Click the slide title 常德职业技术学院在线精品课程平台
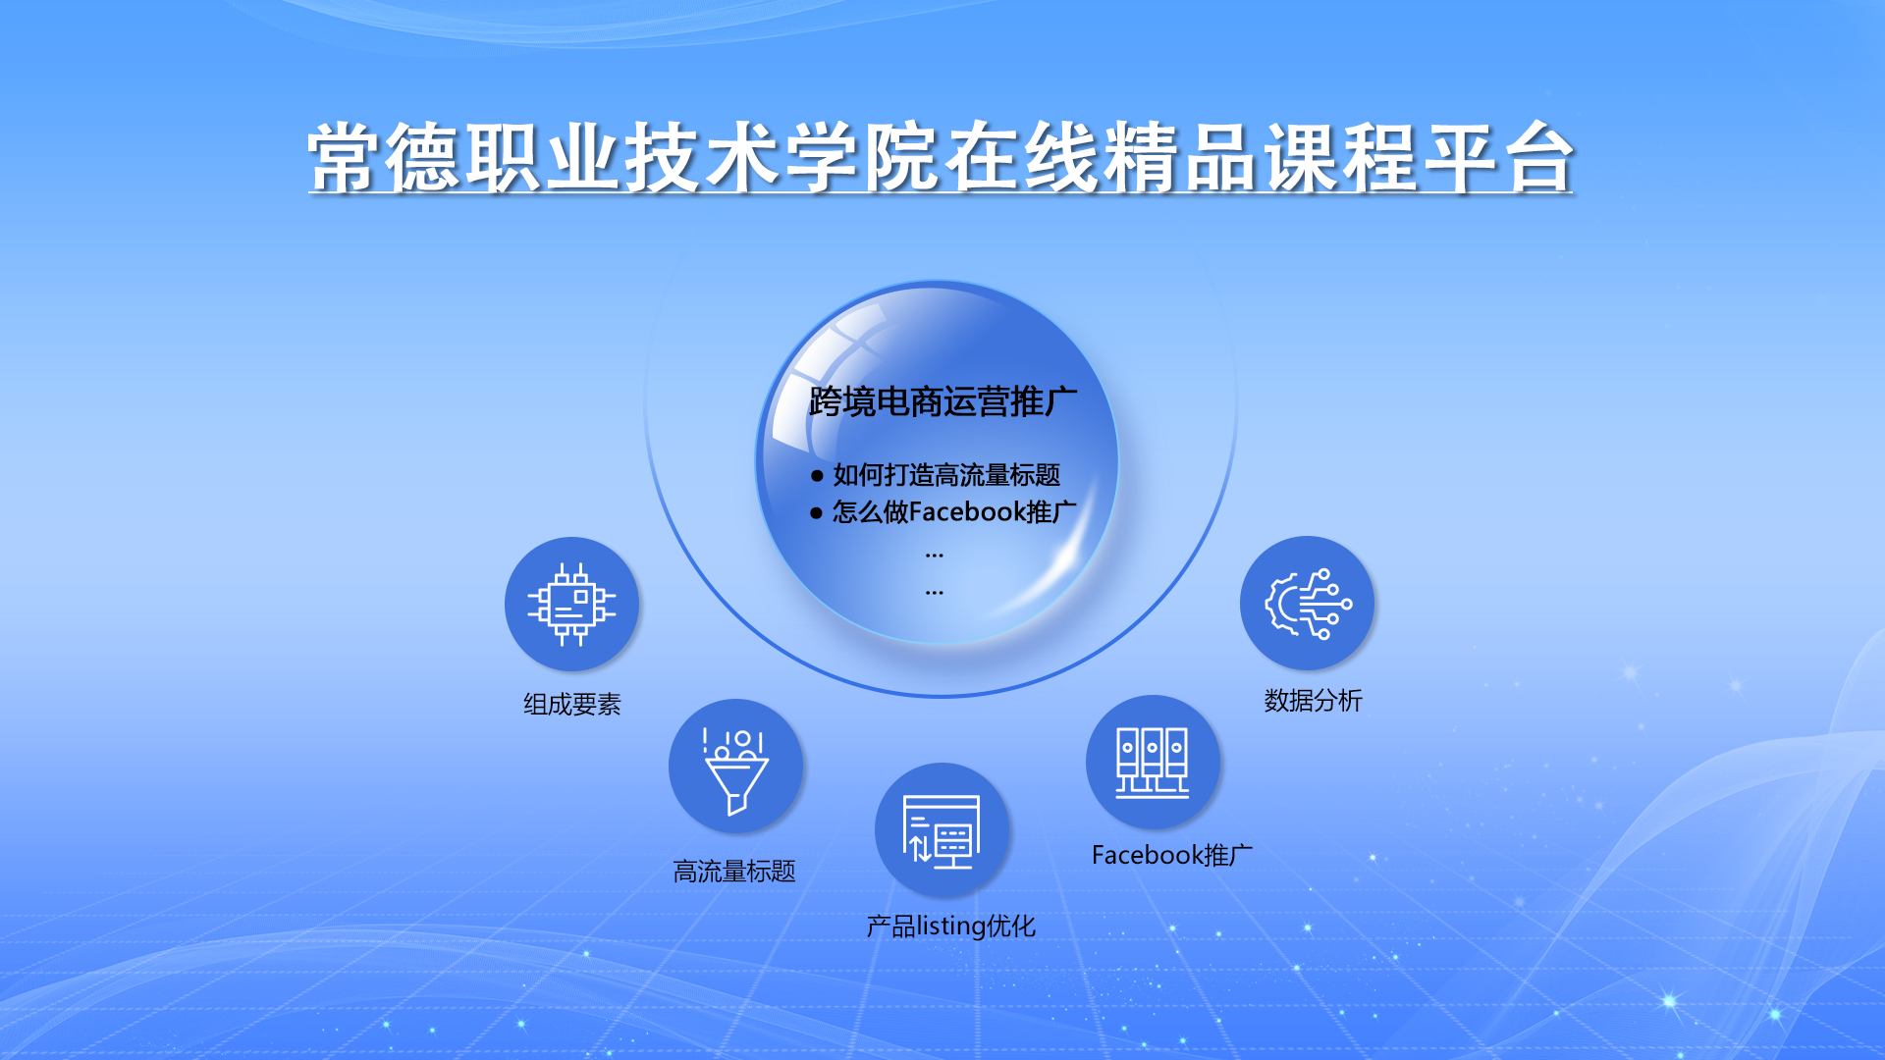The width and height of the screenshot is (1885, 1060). click(941, 157)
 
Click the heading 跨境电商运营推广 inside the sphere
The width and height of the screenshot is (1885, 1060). click(942, 401)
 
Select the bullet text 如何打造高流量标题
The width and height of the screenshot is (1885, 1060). click(946, 475)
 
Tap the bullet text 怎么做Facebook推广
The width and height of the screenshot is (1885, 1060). click(954, 512)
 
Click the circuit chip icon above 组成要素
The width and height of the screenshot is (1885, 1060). click(571, 604)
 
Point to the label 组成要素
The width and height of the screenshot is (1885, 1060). click(572, 705)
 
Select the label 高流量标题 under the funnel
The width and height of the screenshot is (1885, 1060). click(734, 872)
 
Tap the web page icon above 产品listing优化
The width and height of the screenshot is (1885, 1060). click(942, 830)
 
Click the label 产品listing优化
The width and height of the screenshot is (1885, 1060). click(950, 927)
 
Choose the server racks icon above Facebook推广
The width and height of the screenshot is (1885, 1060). click(1153, 762)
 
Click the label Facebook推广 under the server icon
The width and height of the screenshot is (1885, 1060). click(1172, 856)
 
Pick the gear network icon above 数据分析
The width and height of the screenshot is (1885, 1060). click(1307, 603)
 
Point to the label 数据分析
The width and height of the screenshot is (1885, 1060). click(1314, 701)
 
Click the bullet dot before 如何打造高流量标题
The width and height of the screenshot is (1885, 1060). click(817, 476)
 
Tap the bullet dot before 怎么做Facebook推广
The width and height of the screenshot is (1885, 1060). click(816, 513)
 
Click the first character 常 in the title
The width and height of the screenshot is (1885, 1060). click(345, 157)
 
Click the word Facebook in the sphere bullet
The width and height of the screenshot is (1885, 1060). click(968, 512)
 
